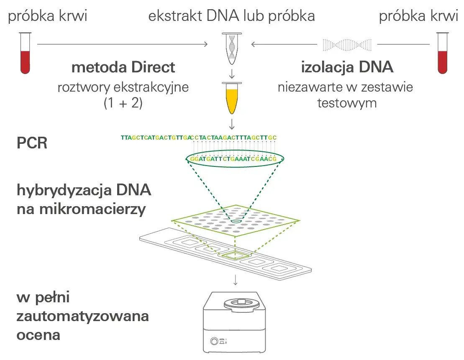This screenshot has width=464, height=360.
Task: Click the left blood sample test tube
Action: (26, 54)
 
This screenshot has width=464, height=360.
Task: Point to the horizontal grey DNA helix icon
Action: (347, 44)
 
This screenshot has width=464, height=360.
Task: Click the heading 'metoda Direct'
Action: (123, 67)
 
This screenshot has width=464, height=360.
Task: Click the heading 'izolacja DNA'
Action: (347, 67)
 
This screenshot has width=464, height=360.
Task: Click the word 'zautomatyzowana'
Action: (83, 316)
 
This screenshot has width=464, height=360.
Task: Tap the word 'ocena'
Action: (38, 334)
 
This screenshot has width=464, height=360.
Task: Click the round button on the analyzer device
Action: (215, 341)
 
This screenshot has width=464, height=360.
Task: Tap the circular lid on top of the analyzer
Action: (241, 302)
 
